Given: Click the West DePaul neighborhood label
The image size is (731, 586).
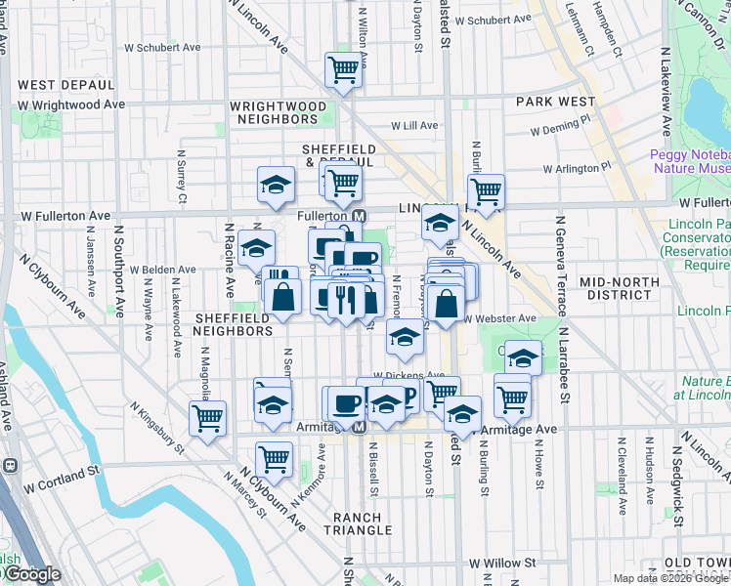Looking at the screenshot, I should pos(66,86).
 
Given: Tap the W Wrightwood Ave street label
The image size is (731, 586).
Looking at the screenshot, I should pos(71,104).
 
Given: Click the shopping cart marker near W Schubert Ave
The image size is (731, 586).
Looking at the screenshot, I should pos(343,69).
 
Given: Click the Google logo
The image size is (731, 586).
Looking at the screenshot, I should pos(31,574).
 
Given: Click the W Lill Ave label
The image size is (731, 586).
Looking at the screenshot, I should pos(414,126).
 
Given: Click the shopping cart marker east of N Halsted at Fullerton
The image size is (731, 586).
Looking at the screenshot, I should pos(486,190).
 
